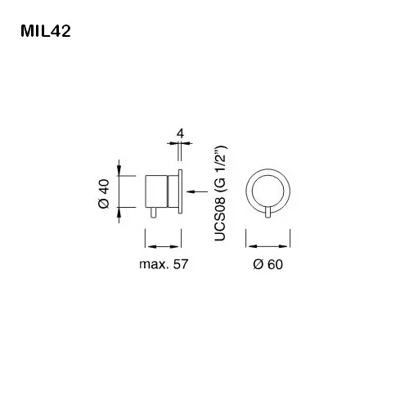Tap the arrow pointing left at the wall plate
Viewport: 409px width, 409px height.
pyautogui.click(x=194, y=192)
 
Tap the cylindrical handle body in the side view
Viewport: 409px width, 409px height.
pyautogui.click(x=156, y=191)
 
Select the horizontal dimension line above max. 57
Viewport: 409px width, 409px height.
pyautogui.click(x=163, y=243)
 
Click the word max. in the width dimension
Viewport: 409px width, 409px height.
pyautogui.click(x=153, y=264)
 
